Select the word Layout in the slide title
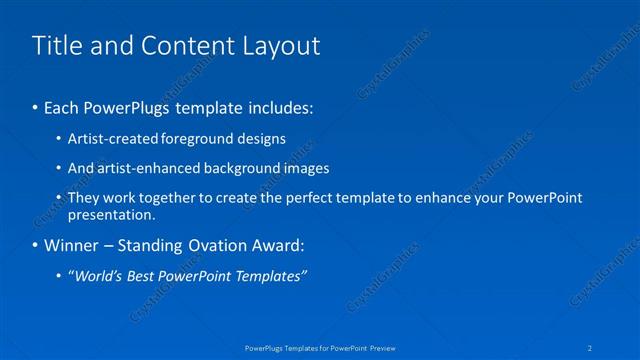(282, 45)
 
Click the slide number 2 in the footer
(591, 348)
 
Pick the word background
(240, 168)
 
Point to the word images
(304, 168)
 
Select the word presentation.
(111, 214)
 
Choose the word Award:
(275, 245)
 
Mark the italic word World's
(98, 276)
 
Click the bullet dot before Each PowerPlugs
(36, 106)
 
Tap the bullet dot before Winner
(36, 245)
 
